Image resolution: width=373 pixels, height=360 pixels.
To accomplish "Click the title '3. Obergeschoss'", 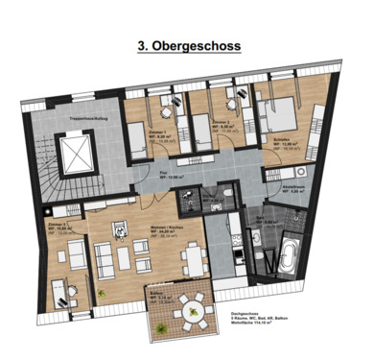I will pos(186,44).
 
